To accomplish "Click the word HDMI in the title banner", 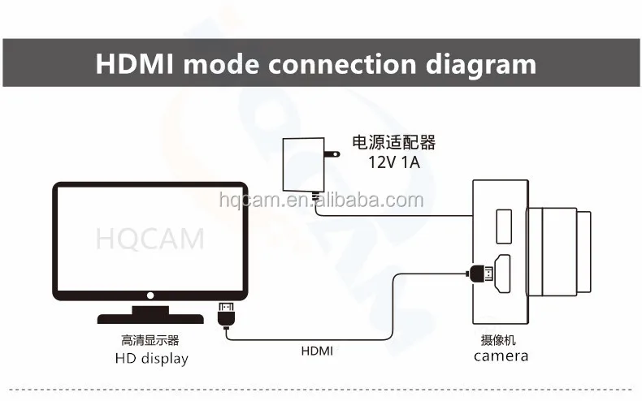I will (135, 64).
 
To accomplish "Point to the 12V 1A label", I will (394, 162).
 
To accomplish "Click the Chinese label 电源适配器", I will (394, 143).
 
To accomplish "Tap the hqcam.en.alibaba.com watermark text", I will (322, 200).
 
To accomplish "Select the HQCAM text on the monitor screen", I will (150, 239).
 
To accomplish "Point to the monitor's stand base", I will (150, 317).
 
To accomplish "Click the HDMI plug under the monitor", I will (225, 312).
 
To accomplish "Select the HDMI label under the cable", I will (317, 351).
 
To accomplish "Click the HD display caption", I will (151, 358).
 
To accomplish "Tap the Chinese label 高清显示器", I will (151, 340).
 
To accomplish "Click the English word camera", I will (501, 356).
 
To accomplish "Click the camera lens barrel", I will (559, 250).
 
